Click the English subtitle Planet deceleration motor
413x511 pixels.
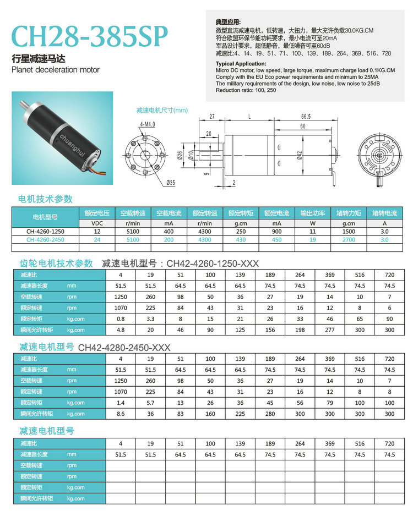click(x=56, y=70)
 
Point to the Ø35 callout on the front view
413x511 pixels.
click(x=171, y=182)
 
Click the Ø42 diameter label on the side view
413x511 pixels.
click(x=298, y=155)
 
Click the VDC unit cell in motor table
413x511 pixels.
click(x=96, y=224)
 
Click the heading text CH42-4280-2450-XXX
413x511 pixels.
click(x=124, y=348)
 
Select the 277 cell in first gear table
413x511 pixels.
click(x=330, y=330)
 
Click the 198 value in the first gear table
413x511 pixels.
click(x=300, y=330)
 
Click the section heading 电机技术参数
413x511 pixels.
click(x=46, y=199)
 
